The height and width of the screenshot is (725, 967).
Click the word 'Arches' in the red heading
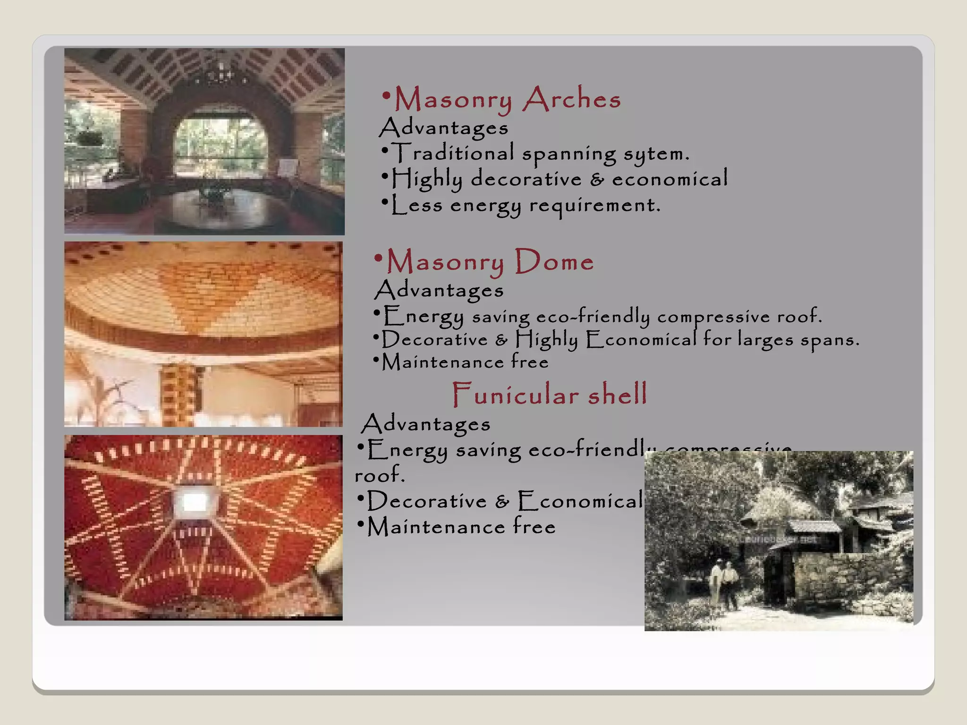point(572,99)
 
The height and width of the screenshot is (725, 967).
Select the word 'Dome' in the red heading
point(554,261)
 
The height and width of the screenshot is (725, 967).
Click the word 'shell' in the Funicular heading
point(617,395)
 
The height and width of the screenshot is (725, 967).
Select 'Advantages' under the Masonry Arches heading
point(444,127)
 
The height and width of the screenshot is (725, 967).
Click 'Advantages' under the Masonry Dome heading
point(439,290)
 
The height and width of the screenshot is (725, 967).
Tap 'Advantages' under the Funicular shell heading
point(426,424)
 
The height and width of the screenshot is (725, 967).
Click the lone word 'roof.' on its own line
point(380,475)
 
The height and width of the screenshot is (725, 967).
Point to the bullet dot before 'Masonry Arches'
point(386,96)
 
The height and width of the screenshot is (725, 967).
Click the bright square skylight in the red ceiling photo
point(194,502)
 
